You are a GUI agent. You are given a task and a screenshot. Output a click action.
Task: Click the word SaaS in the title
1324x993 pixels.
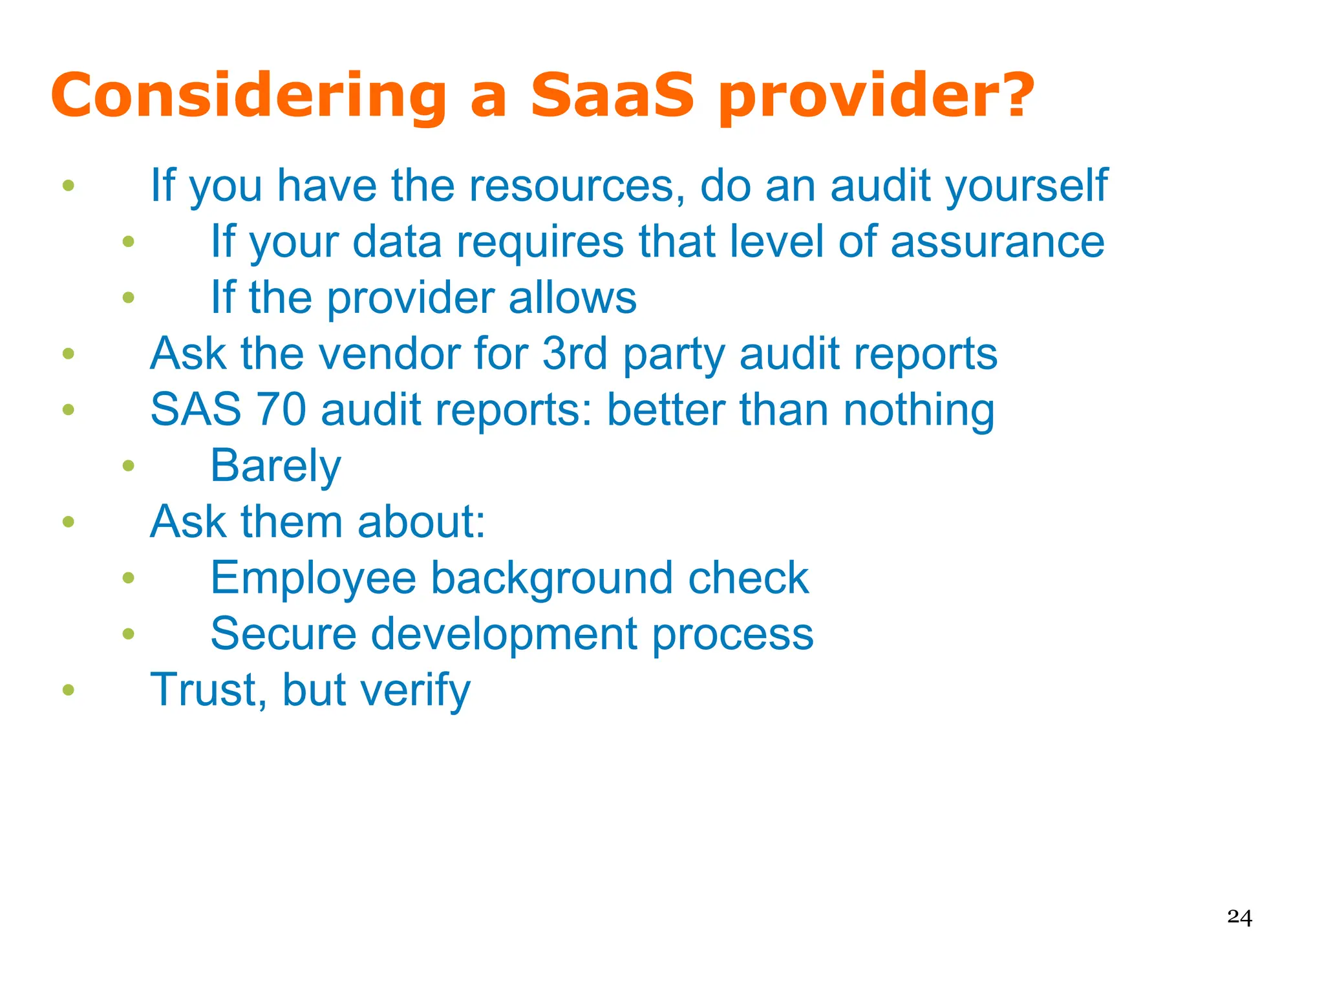(x=612, y=96)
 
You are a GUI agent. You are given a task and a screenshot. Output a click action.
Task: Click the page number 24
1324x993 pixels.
(x=1239, y=917)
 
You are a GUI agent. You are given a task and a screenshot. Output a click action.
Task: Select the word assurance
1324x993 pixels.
(x=998, y=242)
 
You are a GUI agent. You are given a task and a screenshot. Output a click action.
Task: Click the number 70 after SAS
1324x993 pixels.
(x=281, y=410)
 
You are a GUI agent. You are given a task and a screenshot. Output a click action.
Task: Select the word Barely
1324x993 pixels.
(x=275, y=466)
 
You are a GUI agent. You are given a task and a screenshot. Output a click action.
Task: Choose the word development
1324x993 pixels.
(x=504, y=634)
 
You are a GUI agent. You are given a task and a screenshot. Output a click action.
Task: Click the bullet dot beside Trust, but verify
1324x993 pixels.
(x=69, y=690)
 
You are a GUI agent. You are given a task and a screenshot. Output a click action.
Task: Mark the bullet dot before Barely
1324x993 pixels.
(x=129, y=465)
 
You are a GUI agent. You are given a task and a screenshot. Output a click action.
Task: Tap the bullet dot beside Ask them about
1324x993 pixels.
(x=69, y=522)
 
